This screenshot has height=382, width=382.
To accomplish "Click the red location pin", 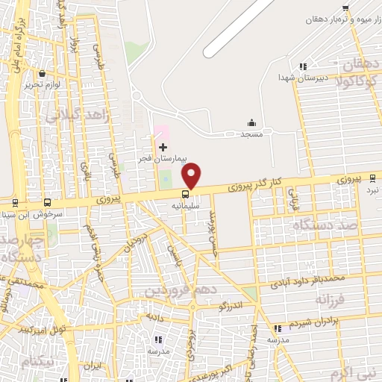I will [x=192, y=175].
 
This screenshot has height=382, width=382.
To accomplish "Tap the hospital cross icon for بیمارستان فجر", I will [x=163, y=147].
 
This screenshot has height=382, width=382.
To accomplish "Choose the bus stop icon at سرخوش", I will [x=48, y=201].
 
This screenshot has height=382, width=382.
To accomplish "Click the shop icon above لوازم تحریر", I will [x=42, y=74].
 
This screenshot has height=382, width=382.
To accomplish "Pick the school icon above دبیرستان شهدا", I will [x=301, y=66].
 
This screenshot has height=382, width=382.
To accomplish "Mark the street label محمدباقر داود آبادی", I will [x=307, y=280].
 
